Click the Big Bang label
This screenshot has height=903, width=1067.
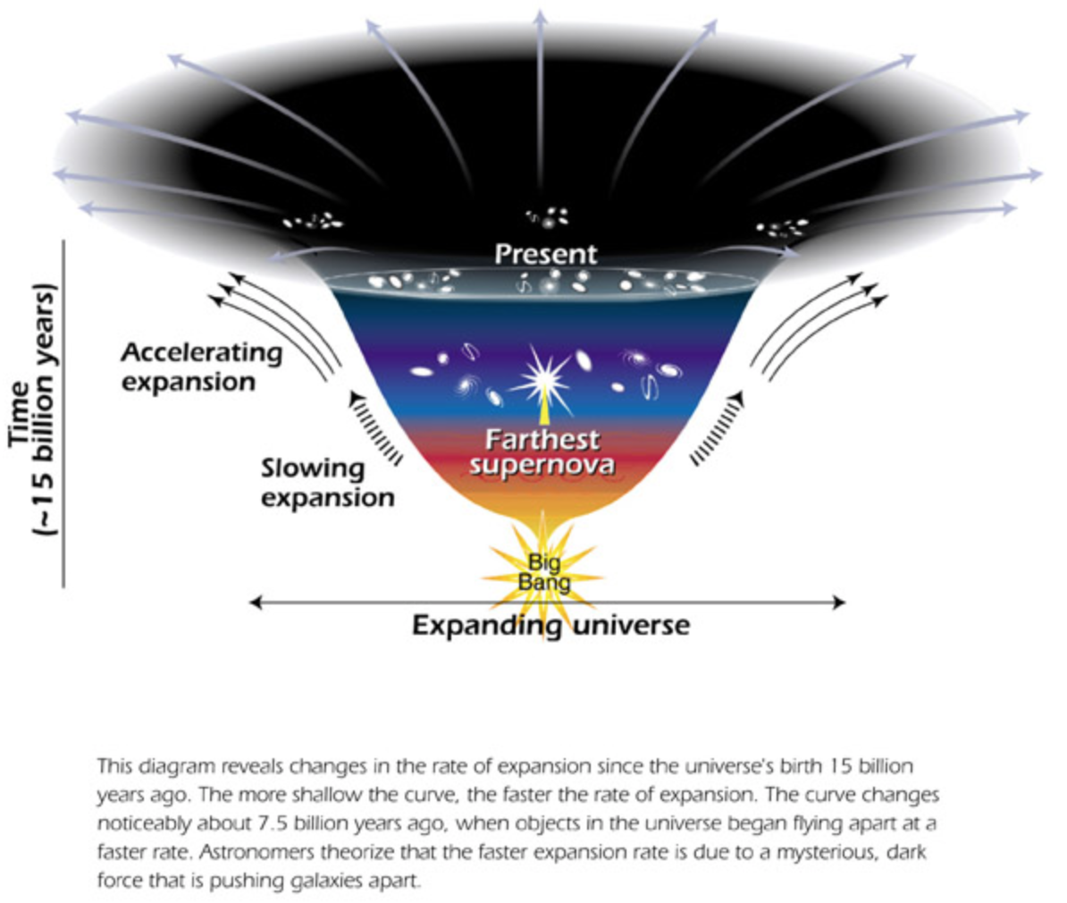coord(544,571)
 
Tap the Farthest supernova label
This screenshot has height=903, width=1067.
coord(542,452)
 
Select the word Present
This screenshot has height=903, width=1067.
coord(545,254)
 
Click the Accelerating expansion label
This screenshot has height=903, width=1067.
coord(201,367)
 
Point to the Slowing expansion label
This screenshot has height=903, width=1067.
coord(327,484)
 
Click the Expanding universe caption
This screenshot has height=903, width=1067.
coord(550,625)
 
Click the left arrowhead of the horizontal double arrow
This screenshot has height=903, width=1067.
coord(256,603)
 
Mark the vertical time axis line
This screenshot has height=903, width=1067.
coord(64,412)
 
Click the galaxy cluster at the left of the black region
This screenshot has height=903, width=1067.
coord(313,220)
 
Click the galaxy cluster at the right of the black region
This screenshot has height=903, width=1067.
coord(781,227)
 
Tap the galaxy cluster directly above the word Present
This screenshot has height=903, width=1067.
coord(547,215)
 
